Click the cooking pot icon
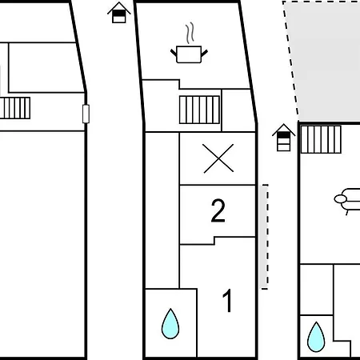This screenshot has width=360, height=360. click(189, 54)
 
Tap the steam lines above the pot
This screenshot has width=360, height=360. click(190, 33)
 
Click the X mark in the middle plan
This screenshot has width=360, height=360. click(218, 158)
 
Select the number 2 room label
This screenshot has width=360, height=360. click(218, 210)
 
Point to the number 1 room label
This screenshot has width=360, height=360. click(227, 301)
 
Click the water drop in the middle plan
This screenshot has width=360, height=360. click(170, 324)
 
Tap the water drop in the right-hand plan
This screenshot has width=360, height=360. click(316, 337)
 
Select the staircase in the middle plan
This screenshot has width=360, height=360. click(199, 110)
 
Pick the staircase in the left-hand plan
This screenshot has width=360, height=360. click(15, 108)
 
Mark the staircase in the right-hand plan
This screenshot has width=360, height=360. click(321, 139)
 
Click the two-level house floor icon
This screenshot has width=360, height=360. click(119, 13)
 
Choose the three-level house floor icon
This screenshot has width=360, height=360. click(283, 138)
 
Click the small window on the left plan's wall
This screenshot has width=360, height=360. click(86, 114)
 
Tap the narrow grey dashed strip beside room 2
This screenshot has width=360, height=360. click(264, 237)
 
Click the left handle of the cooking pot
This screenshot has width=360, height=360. click(174, 52)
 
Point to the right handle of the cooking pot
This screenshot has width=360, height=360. click(204, 53)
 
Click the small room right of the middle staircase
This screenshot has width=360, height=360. click(238, 110)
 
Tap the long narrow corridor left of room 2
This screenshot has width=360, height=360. click(162, 210)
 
